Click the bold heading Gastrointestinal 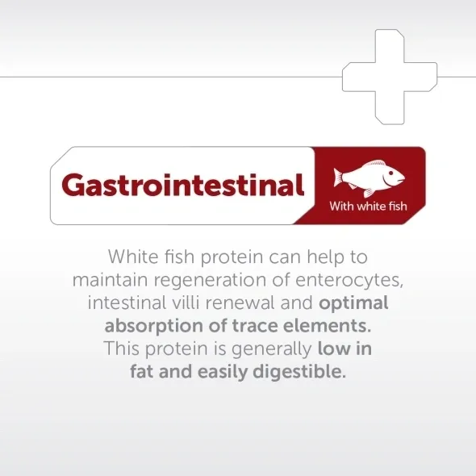(x=183, y=186)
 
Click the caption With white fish (x=368, y=206)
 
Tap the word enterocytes (x=352, y=280)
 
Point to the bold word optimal (x=354, y=303)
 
